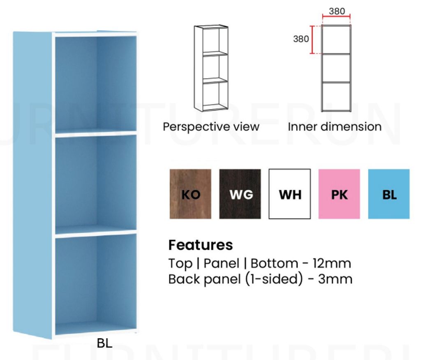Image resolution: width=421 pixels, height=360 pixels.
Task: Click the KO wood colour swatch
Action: [x=190, y=194]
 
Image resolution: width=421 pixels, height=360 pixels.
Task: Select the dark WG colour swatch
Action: [x=240, y=194]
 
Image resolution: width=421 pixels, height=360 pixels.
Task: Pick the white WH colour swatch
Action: [x=290, y=194]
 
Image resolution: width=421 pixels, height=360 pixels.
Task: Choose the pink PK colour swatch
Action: [x=339, y=194]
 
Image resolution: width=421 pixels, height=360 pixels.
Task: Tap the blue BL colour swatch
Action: [x=389, y=194]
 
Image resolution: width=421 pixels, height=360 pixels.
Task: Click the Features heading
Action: [x=201, y=245]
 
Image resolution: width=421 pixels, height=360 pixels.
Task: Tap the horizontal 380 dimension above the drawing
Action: [x=337, y=11]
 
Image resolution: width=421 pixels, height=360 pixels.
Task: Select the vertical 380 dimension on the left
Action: [x=301, y=39]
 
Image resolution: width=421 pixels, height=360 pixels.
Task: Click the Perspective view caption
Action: [x=211, y=127]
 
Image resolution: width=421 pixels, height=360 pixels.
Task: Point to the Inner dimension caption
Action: [x=334, y=127]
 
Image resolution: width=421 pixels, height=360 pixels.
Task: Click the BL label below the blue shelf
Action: [x=104, y=344]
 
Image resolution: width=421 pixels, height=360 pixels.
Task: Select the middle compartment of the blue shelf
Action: [x=96, y=183]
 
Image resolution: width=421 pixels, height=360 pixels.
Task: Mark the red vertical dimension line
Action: [x=313, y=40]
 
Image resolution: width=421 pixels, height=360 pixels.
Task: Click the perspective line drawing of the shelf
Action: [x=211, y=68]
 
